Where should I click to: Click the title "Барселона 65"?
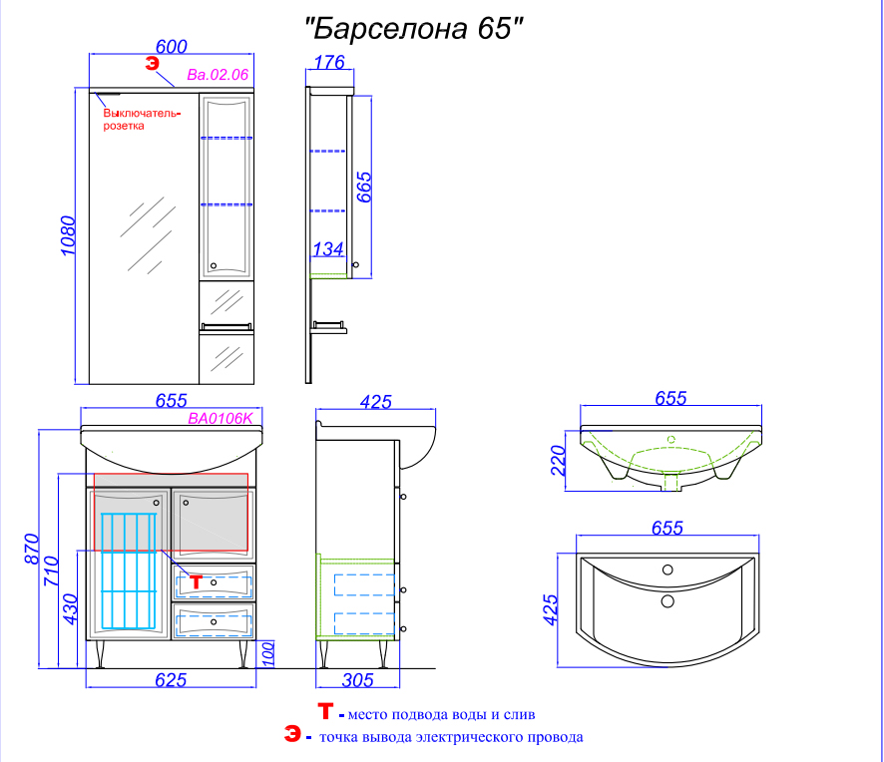(x=414, y=28)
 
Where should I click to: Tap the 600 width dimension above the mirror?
(x=172, y=46)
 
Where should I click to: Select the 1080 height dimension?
(x=68, y=235)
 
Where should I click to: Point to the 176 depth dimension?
(x=329, y=62)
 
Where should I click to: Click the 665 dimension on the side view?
(x=364, y=188)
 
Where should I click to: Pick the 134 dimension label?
(x=328, y=249)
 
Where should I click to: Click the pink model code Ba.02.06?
(x=218, y=75)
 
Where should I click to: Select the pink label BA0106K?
(x=221, y=418)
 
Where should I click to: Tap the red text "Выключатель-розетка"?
(x=142, y=120)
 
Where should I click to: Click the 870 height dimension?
(x=32, y=549)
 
